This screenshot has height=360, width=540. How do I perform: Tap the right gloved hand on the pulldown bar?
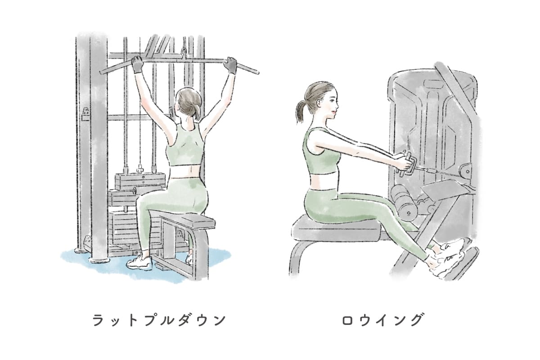pos(230,65)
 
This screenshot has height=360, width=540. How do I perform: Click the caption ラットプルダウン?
pos(159,320)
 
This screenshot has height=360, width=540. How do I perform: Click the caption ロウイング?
pos(382,320)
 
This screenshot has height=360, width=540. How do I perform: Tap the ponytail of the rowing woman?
pos(302,111)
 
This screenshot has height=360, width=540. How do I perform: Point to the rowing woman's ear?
pos(319,103)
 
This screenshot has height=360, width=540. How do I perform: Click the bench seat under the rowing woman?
pos(337,229)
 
